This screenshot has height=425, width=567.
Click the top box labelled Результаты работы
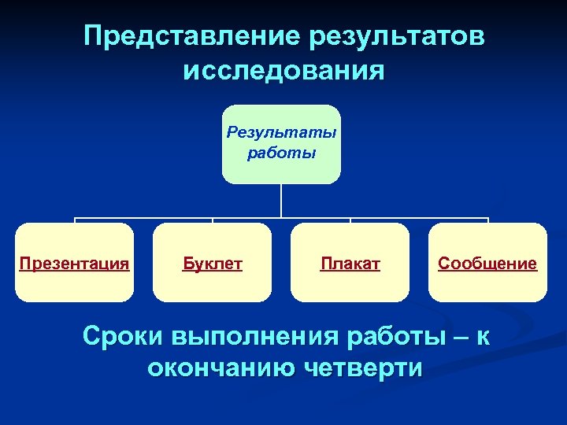pos(281,144)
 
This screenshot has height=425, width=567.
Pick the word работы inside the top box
pos(281,153)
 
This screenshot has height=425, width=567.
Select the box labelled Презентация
pos(75,262)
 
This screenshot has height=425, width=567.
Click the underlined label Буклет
pos(212,264)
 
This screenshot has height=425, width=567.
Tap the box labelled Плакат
pos(350,262)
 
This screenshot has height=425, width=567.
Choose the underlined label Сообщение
pos(487,264)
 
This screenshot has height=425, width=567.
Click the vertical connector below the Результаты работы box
pos(281,201)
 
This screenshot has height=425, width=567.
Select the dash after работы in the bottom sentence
pos(458,336)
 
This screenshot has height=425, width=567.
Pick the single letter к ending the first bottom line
pos(483,336)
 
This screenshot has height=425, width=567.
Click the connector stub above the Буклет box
pos(212,220)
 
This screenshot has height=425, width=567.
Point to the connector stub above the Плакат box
pos(350,220)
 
